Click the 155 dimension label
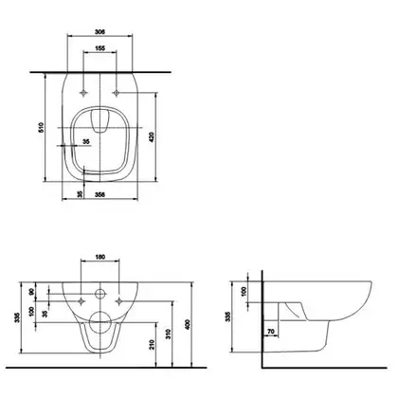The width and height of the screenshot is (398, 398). (99, 48)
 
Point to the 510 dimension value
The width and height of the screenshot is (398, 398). (41, 127)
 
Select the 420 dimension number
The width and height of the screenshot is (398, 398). (152, 137)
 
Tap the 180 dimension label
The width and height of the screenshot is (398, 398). (99, 257)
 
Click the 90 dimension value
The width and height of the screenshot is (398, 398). (31, 292)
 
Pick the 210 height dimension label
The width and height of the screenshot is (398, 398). (152, 344)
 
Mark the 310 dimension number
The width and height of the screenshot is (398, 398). (169, 335)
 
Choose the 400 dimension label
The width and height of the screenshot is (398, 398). (188, 324)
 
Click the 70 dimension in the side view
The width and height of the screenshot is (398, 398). (271, 332)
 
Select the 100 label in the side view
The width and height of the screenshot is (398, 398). (244, 291)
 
